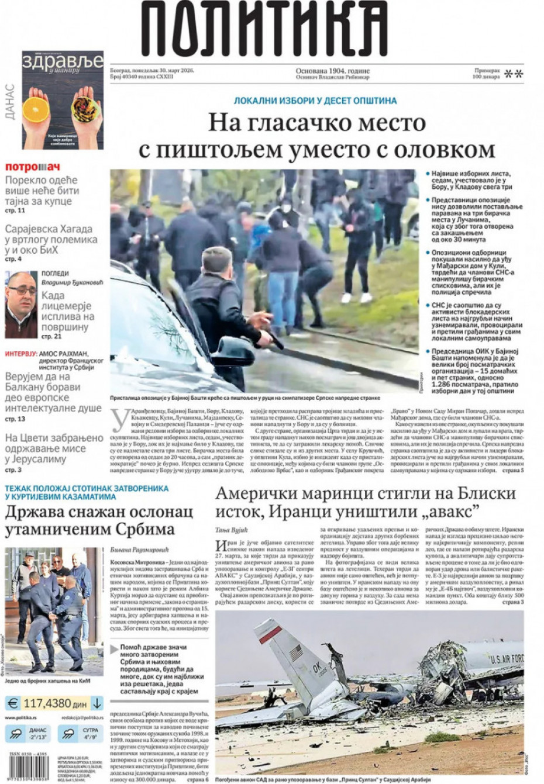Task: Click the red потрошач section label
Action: coord(33,167)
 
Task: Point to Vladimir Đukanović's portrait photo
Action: coord(21,305)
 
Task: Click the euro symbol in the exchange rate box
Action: coord(13,703)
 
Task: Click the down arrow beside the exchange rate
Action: coord(97,703)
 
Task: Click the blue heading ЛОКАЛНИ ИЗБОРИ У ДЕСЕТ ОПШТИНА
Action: coord(315,101)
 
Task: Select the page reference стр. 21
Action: coord(51,337)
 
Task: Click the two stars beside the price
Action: coord(514,74)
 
